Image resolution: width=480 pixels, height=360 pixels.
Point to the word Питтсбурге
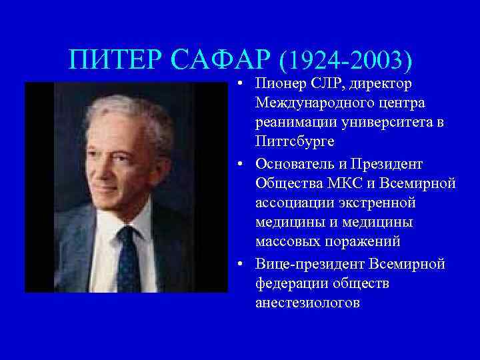click(x=293, y=143)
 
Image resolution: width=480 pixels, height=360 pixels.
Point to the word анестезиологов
click(x=307, y=303)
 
